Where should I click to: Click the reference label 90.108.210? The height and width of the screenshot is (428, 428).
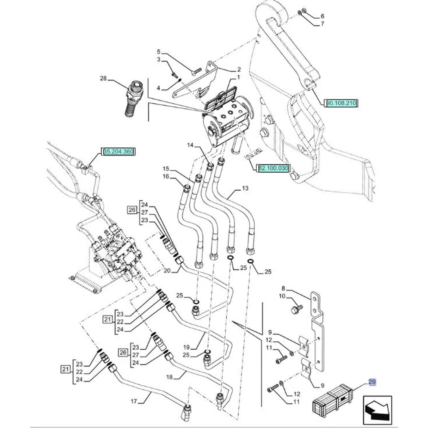click(342, 103)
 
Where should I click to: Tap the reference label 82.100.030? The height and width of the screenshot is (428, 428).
click(274, 169)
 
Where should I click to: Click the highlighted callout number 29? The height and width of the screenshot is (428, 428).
click(372, 382)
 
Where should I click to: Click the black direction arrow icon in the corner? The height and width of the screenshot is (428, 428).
click(375, 409)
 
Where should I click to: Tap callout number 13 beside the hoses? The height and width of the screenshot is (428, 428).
click(245, 188)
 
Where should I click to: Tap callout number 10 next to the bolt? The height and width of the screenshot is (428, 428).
click(282, 296)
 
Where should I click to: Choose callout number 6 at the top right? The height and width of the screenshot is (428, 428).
click(322, 16)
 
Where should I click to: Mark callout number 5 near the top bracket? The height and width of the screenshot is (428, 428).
click(159, 52)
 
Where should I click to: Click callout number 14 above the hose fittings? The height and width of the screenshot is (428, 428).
click(190, 145)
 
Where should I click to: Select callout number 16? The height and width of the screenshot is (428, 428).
click(166, 176)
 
